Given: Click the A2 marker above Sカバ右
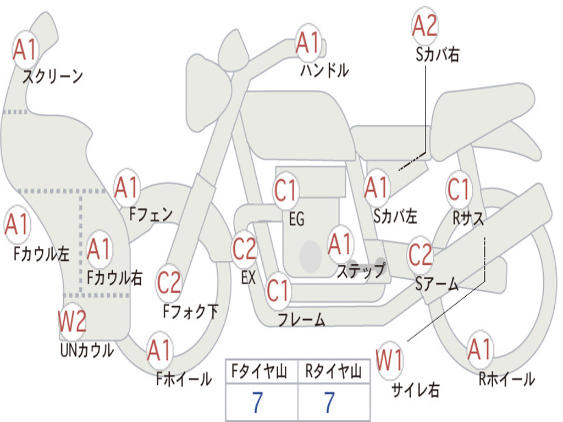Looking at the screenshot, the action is (x=425, y=25).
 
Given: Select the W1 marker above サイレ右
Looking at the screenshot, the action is (x=390, y=359).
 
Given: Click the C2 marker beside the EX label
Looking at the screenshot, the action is (x=244, y=248).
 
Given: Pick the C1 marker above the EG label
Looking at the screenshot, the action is (x=285, y=190).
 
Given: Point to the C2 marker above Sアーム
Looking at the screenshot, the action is (x=420, y=254).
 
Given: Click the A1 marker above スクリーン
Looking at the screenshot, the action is (x=25, y=49).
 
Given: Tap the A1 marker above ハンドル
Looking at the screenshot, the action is (x=308, y=42).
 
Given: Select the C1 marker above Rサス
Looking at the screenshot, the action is (x=459, y=189).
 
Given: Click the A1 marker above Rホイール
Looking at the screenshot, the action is (x=479, y=349).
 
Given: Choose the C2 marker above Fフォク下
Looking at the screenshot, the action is (x=169, y=283).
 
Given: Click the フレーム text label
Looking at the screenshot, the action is (x=302, y=319).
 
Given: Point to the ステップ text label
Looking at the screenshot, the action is (x=361, y=270).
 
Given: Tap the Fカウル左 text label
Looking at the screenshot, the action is (x=41, y=253).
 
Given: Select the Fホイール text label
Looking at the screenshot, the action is (x=184, y=379).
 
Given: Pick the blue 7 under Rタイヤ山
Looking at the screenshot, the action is (x=329, y=402).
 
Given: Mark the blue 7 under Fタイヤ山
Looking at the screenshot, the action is (x=257, y=402).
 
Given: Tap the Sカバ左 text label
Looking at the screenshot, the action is (x=395, y=216).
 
